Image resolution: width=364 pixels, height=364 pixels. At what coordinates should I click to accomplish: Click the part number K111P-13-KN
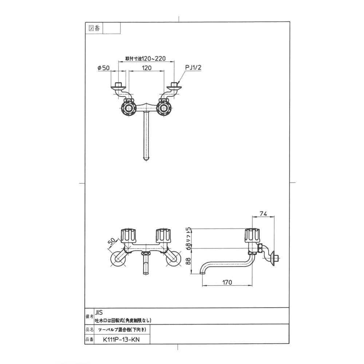[122, 340]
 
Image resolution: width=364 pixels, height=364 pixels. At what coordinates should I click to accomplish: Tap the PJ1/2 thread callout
[193, 68]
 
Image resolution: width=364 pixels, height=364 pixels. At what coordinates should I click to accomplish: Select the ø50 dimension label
[103, 68]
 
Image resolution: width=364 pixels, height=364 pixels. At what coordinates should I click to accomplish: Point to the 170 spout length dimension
[227, 282]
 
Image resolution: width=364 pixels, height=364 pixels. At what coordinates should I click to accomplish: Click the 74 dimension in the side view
[263, 214]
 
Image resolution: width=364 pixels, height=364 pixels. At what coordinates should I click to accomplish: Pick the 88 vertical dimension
[188, 261]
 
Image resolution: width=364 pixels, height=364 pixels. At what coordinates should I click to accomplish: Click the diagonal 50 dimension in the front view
[112, 242]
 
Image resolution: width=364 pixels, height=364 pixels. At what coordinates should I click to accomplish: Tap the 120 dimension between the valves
[146, 68]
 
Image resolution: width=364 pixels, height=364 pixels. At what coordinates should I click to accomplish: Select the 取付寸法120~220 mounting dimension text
[146, 59]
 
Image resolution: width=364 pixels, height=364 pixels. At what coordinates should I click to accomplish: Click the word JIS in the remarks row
[99, 312]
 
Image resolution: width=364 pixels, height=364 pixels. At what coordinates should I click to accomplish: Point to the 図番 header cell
[94, 28]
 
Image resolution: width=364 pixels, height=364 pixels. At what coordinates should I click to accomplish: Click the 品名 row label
[90, 329]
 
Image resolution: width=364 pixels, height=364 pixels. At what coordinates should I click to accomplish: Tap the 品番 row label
[90, 340]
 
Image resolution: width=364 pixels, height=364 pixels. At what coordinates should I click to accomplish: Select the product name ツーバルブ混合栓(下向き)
[122, 329]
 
